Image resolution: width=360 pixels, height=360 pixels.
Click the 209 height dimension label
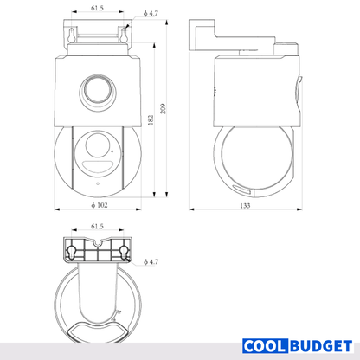point(164,109)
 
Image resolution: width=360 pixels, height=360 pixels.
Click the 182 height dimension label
point(151,119)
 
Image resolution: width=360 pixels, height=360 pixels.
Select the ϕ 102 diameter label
point(100,205)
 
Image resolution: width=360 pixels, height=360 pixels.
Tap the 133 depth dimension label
point(245,206)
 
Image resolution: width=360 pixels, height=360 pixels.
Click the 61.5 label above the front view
point(97,8)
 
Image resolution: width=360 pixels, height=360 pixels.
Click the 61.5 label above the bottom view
point(97,227)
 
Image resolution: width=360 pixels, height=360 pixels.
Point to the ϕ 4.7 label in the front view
point(151,13)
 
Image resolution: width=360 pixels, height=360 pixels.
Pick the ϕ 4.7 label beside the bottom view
point(151,262)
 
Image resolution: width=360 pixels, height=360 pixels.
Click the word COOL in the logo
point(265,346)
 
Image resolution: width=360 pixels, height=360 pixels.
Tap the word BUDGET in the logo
point(321,346)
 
